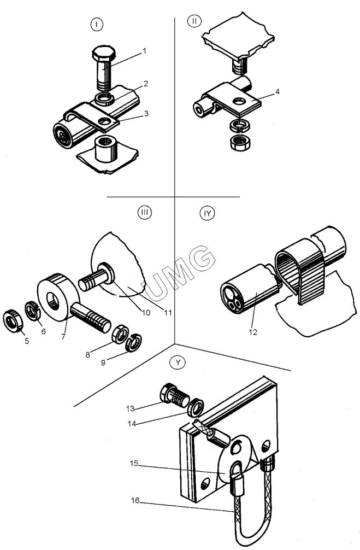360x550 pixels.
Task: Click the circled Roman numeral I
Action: point(96,24)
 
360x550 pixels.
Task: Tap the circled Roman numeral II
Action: point(194,21)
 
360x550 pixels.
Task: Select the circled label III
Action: point(145,212)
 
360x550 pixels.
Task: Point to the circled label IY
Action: point(208,213)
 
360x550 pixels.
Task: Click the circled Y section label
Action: point(178,362)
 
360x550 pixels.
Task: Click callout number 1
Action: point(144,51)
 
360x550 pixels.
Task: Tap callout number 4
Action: point(278,91)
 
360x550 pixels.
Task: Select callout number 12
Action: point(253,332)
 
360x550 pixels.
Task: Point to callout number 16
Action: point(135,501)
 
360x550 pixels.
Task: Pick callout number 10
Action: point(145,312)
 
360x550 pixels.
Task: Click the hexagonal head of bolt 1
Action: point(104,54)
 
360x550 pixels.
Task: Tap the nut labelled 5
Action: point(13,321)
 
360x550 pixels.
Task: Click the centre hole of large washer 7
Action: point(54,301)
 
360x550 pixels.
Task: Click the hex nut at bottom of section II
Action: point(239,143)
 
